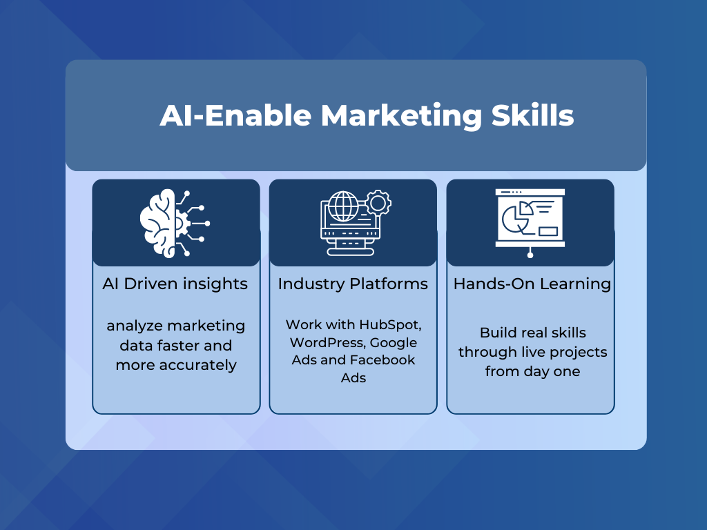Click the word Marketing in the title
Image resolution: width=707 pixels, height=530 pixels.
tap(401, 116)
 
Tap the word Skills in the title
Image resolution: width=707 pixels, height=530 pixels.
tap(532, 115)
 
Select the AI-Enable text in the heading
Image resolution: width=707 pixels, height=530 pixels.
tap(235, 115)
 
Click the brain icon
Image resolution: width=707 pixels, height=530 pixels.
tap(175, 223)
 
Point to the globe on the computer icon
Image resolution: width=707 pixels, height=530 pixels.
tap(343, 206)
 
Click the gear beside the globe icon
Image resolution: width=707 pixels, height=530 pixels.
tap(378, 204)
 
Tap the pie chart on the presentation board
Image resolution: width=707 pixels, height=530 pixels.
tap(518, 217)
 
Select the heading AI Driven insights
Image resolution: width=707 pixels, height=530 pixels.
tap(175, 284)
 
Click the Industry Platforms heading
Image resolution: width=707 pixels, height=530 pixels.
tap(353, 284)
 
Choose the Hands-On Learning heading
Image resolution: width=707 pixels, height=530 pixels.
tap(532, 284)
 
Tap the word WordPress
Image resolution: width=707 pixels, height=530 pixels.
tap(328, 342)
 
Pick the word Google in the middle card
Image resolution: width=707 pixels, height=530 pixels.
tap(393, 343)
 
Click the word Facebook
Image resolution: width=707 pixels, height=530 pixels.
tap(384, 360)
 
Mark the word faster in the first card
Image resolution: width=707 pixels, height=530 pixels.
tap(171, 346)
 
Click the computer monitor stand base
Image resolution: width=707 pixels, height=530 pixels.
tap(350, 252)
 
